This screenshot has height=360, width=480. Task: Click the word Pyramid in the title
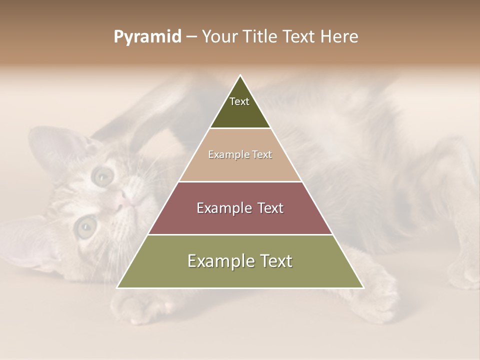[147, 37]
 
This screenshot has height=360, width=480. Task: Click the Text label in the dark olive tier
[239, 101]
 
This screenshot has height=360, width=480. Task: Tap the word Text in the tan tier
[262, 155]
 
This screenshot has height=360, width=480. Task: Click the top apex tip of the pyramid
[240, 75]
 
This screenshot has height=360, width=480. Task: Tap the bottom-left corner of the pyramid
[117, 287]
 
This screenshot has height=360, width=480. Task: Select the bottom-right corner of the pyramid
[363, 287]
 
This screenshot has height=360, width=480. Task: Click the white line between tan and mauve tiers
[240, 181]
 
